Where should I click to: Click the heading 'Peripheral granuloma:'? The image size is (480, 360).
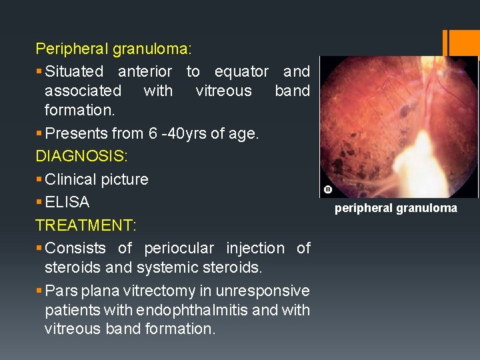tap(113, 49)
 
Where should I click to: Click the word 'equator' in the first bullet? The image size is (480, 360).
tap(241, 71)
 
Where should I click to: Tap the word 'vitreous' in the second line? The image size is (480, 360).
tap(223, 91)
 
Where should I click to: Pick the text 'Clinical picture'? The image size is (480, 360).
tap(97, 179)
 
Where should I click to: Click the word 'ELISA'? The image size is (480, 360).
tap(67, 202)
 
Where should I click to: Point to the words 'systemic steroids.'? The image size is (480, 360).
tap(200, 268)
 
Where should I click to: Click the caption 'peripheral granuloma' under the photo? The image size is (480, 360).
tap(396, 209)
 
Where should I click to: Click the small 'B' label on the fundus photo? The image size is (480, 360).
tap(327, 190)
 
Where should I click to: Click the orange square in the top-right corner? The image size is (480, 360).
tap(465, 43)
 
